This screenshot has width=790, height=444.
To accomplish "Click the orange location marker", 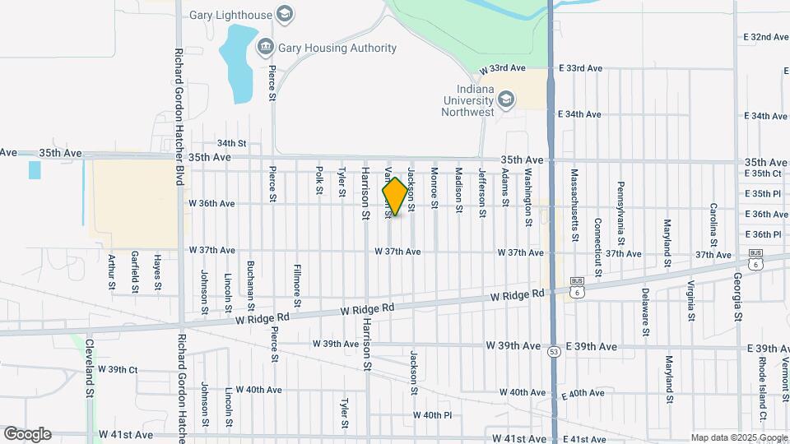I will pos(395,197).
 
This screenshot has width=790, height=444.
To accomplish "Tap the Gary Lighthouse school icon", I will pos(285,14).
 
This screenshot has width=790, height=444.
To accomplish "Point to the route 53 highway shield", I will pos(551,351).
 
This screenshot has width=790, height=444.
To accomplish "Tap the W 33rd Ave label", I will pos(501,68).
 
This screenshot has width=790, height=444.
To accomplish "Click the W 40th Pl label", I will pos(432,415).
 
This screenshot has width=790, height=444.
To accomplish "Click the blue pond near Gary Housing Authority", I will pos(237,62).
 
